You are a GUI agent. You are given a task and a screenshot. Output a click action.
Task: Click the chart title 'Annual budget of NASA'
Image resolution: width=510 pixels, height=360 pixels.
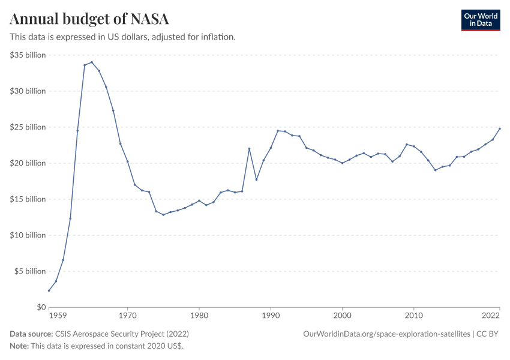[x=89, y=19]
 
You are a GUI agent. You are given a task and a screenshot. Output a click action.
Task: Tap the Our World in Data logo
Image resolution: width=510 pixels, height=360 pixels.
[x=480, y=20]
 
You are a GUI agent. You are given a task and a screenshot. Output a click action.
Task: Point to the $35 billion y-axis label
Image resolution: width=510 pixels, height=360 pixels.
[x=28, y=55]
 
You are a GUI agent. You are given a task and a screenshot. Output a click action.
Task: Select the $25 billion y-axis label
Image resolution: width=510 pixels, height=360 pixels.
[x=28, y=127]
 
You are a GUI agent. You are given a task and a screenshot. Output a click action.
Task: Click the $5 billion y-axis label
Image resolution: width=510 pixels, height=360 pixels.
[x=30, y=271]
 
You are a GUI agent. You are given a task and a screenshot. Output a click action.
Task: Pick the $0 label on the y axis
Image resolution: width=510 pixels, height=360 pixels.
[x=40, y=307]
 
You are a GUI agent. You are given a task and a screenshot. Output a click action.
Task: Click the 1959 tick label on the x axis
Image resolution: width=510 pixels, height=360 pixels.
[x=58, y=315]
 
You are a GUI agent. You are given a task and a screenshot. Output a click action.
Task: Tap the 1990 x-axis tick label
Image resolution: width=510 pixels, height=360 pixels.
[x=271, y=315]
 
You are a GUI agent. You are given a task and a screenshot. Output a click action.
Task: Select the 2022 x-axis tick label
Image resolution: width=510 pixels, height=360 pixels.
[x=491, y=315]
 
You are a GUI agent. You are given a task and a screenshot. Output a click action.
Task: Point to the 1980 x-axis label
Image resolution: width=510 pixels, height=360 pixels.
[x=199, y=315]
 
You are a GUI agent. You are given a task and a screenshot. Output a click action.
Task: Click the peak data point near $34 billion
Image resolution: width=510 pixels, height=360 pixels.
[x=92, y=62]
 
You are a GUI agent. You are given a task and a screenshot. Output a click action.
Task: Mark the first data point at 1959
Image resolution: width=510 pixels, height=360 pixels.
[x=49, y=290]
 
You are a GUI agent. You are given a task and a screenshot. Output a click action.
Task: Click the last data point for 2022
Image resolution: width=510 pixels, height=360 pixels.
[x=499, y=128]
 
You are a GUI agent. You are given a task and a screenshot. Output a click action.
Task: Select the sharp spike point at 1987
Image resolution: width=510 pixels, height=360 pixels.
[x=249, y=149]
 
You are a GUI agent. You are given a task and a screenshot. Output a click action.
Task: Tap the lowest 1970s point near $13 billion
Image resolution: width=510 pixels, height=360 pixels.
[x=163, y=215]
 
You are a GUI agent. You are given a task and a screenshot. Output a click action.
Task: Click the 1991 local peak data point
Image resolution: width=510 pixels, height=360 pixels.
[x=278, y=131]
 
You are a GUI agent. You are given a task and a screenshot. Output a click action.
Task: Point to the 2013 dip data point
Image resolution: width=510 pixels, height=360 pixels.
[x=435, y=170]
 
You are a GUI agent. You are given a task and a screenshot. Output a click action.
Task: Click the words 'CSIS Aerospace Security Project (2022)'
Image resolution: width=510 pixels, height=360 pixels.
[x=125, y=334]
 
